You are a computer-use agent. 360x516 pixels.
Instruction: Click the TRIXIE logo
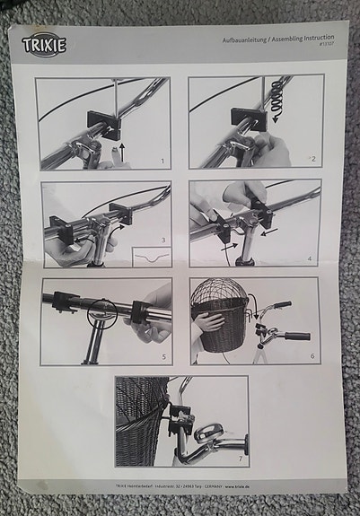point(44,45)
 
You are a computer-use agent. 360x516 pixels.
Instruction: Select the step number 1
point(161,162)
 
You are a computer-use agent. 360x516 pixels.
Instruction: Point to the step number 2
point(312,158)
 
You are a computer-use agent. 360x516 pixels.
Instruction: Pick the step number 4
point(310,258)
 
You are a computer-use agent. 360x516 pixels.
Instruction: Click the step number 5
point(162,356)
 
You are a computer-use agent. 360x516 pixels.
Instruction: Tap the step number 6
point(311,356)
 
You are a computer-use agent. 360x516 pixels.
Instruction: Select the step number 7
point(239,459)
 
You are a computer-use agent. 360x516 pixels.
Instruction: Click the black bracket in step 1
point(102,123)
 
